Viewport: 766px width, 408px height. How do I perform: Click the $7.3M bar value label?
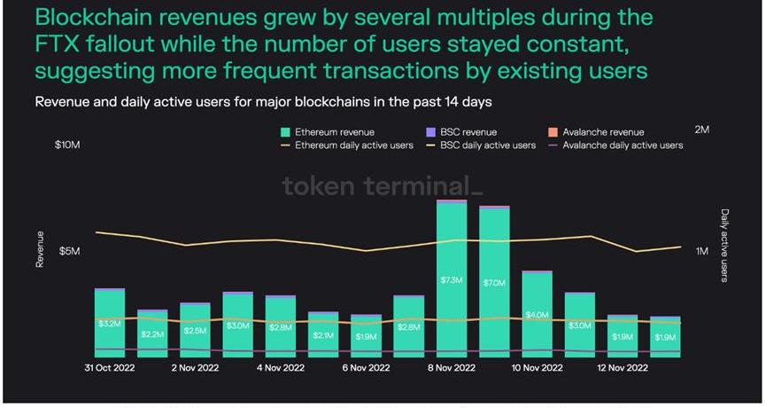click(x=452, y=281)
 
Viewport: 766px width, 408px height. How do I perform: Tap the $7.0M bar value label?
click(x=494, y=283)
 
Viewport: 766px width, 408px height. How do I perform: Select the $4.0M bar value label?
click(x=537, y=315)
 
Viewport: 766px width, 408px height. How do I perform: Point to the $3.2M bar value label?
click(x=110, y=324)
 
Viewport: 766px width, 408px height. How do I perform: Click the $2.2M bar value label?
click(x=152, y=334)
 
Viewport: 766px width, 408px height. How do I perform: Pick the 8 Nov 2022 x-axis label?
click(x=451, y=367)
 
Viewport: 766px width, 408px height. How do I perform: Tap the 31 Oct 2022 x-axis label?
click(x=110, y=367)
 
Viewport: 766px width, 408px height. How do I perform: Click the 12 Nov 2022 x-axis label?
click(x=622, y=367)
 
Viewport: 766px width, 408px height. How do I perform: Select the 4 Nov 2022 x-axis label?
click(x=280, y=367)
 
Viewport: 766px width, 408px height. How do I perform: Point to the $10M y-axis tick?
click(x=68, y=144)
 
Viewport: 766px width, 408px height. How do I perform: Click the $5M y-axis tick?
click(x=70, y=251)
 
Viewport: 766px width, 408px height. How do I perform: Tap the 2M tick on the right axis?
click(x=702, y=129)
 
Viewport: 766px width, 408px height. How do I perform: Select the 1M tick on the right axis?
click(x=702, y=251)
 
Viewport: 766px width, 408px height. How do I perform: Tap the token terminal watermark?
click(x=383, y=185)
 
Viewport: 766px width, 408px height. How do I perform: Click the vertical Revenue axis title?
click(x=40, y=249)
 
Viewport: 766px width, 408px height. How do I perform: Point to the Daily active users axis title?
click(x=724, y=246)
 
